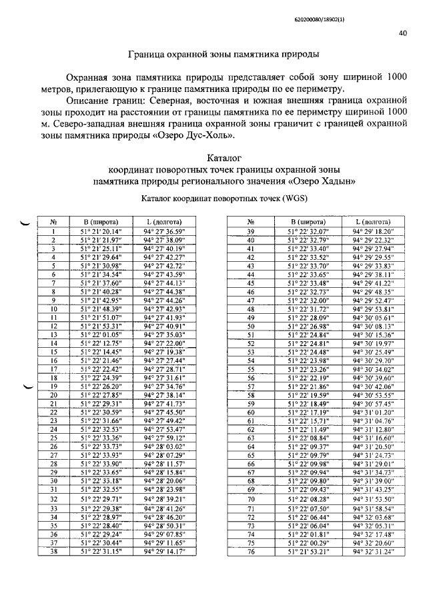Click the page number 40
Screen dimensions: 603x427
pos(403,32)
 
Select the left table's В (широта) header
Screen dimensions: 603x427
pos(101,221)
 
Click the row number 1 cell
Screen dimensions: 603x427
pos(53,231)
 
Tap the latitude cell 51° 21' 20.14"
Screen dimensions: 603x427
pos(101,231)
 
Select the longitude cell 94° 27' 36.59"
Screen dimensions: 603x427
pos(164,231)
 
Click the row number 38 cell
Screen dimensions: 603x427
pos(53,552)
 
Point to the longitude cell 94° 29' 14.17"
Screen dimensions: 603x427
pos(164,552)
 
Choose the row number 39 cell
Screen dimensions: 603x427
pos(252,231)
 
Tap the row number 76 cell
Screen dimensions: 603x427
pos(252,552)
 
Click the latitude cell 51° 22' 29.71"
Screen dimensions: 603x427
pos(101,498)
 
